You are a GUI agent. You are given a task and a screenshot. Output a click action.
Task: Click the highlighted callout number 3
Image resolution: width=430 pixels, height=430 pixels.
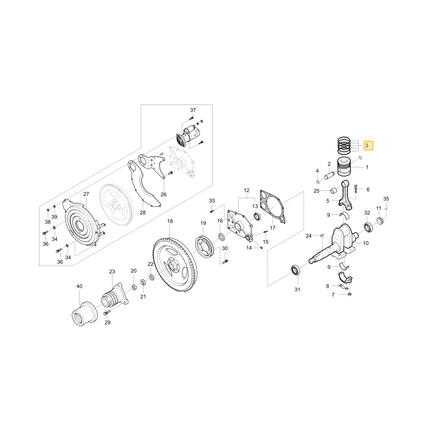tap(368, 146)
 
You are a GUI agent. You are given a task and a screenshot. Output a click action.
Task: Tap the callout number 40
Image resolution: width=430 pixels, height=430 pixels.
tap(79, 286)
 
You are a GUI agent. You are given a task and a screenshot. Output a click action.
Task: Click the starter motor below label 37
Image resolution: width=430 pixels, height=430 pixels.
tap(188, 136)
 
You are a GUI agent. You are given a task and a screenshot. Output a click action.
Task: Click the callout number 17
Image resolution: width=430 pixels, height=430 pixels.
tap(272, 227)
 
